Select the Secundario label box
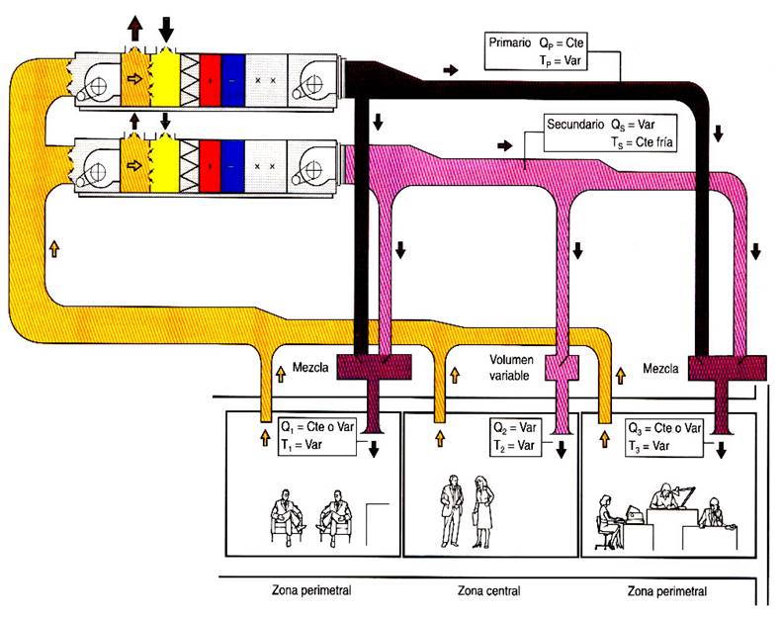pos(589,133)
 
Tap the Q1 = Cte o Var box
pos(314,435)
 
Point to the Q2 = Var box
pos(515,435)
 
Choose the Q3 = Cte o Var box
pos(664,436)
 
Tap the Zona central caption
pos(489,591)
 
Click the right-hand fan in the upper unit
pos(312,78)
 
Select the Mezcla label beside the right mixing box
pos(659,368)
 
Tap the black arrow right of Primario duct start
pos(452,71)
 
